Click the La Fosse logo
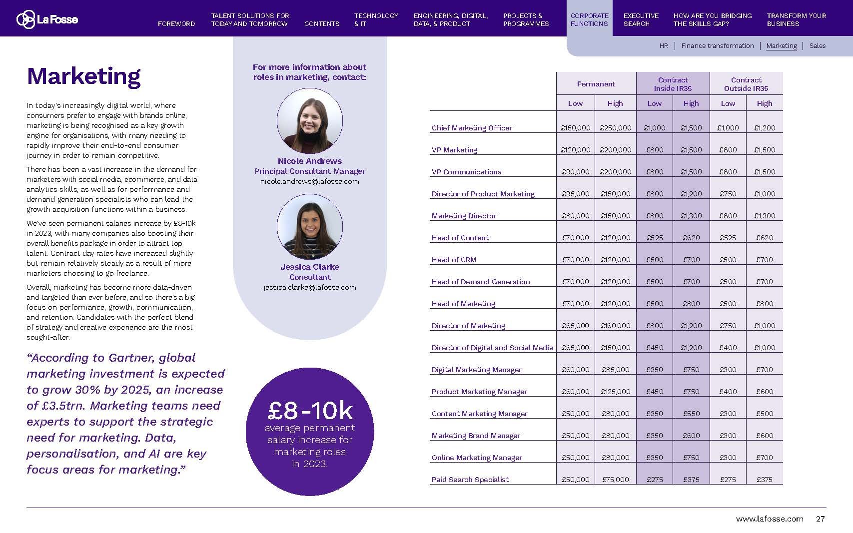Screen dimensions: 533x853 (x=47, y=19)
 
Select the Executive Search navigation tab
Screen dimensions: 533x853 (x=641, y=19)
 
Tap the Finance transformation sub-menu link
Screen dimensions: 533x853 (x=717, y=45)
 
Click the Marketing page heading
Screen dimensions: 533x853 (x=83, y=76)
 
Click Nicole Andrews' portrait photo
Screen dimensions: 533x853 (x=309, y=121)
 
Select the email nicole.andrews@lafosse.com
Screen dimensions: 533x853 (x=309, y=181)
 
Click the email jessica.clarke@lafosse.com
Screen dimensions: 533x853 (x=309, y=287)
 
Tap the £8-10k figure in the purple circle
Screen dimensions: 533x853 (x=310, y=411)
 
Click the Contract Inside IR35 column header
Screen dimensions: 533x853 (x=673, y=84)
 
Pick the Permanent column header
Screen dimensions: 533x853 (x=596, y=84)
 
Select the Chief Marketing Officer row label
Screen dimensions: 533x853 (x=472, y=128)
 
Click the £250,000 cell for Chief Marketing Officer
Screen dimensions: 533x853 (x=615, y=128)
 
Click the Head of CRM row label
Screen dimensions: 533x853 (x=454, y=260)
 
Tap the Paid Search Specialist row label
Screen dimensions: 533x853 (x=470, y=480)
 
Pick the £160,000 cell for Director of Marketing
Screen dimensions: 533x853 (x=615, y=326)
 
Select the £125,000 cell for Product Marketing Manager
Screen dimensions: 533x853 (x=615, y=392)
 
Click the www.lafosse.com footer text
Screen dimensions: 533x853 (x=769, y=519)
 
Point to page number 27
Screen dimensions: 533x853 (x=820, y=519)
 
